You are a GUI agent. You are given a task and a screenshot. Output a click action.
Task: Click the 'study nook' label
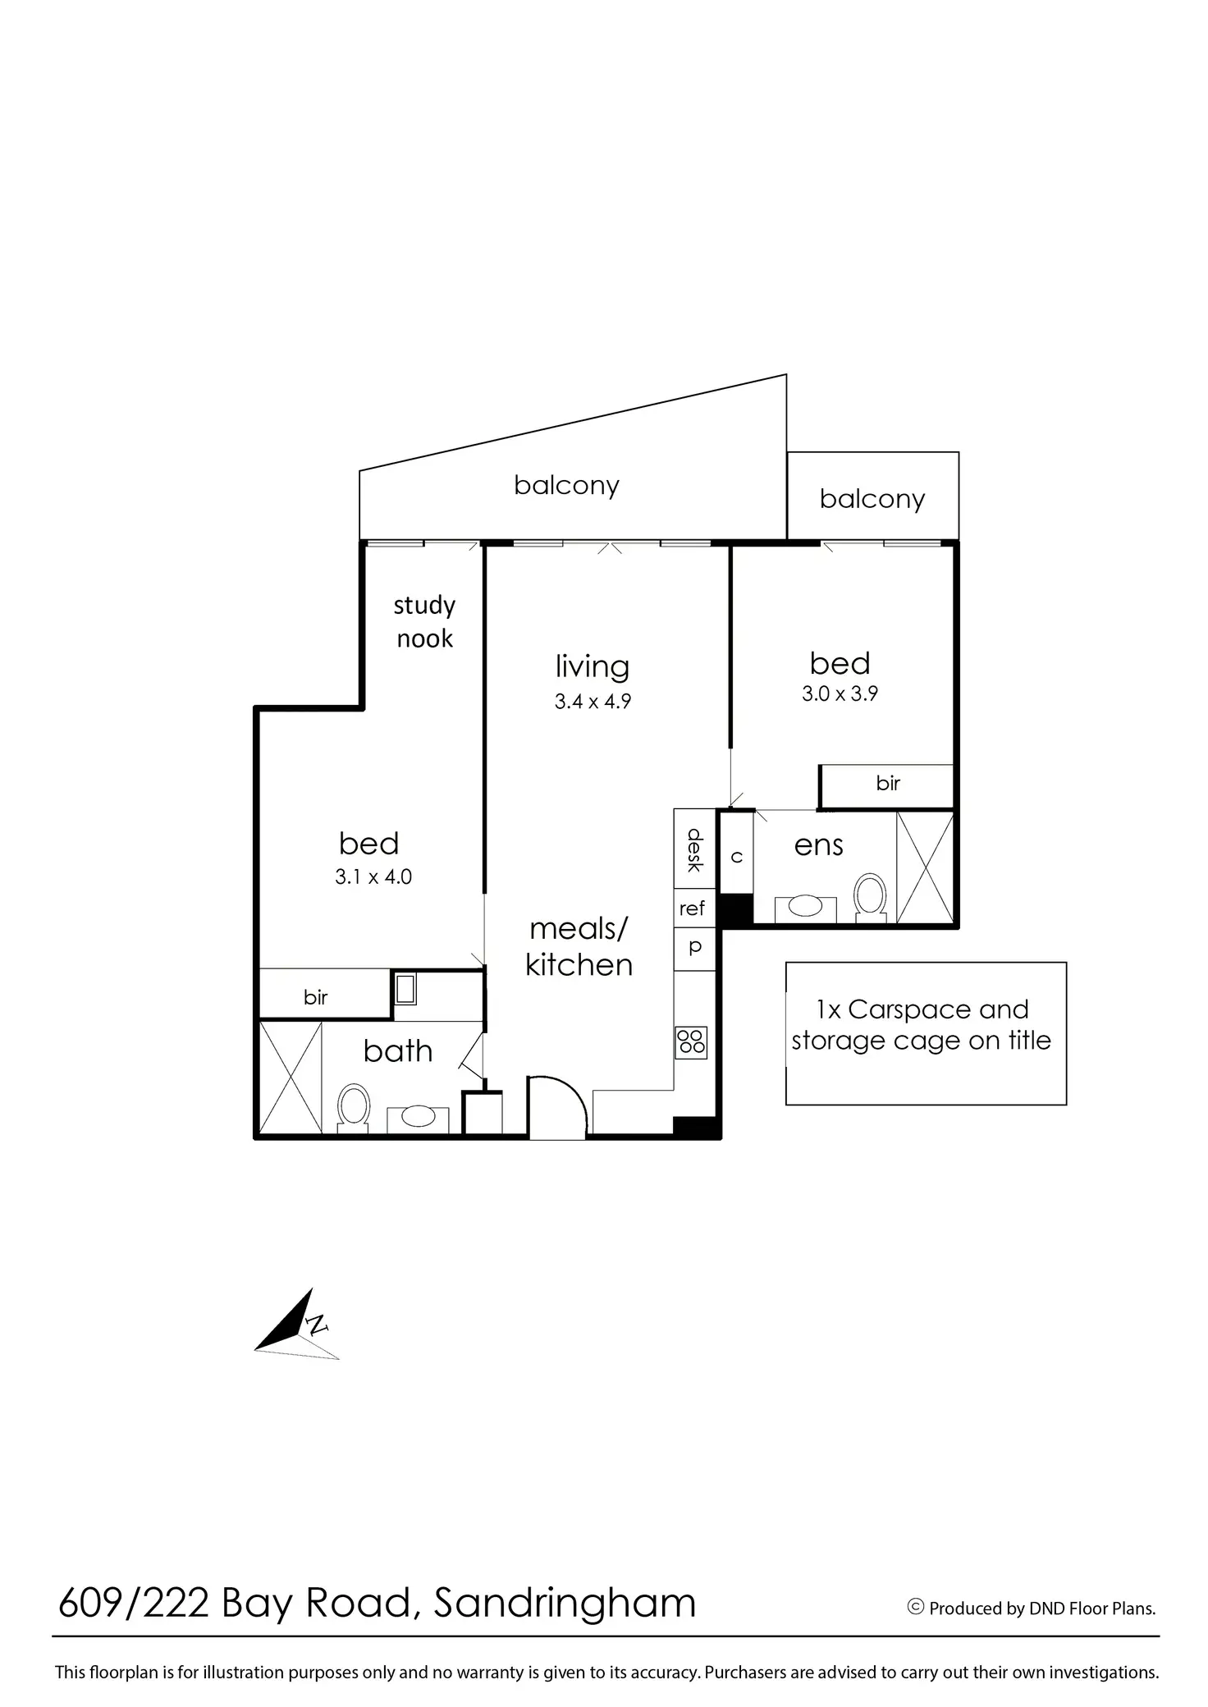(424, 621)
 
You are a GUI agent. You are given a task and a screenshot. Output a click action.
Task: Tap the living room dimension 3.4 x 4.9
(593, 702)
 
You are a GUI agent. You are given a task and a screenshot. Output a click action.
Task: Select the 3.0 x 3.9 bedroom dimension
(840, 693)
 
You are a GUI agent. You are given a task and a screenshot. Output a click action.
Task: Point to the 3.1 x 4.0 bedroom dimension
(373, 876)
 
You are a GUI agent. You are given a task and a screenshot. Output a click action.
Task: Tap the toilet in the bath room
(354, 1108)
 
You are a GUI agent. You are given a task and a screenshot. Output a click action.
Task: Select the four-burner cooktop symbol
(691, 1042)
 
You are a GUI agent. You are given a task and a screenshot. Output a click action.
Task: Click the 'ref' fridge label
(692, 908)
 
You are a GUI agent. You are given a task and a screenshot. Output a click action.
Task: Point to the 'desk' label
(695, 849)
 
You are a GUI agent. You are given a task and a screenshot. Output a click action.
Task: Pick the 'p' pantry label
(695, 947)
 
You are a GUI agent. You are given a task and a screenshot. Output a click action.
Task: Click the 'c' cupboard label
(737, 857)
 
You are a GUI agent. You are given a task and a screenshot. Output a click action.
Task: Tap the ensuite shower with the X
(925, 867)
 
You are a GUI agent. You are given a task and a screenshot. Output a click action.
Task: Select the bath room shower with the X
(291, 1077)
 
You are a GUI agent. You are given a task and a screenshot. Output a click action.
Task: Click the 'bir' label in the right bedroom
(888, 783)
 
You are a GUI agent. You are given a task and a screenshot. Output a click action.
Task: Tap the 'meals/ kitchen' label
(579, 947)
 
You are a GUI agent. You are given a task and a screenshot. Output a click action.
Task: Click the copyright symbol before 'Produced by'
(916, 1607)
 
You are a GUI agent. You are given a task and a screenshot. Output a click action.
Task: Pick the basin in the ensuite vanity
(805, 906)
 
